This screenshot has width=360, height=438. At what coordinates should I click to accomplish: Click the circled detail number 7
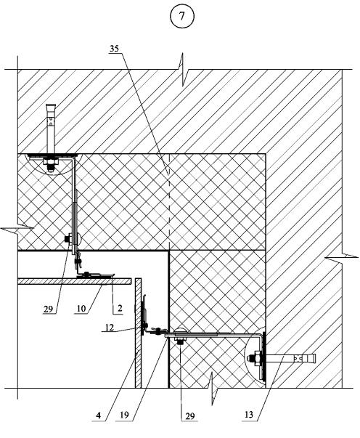pyautogui.click(x=182, y=16)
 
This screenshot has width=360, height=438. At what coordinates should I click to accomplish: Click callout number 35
pyautogui.click(x=114, y=49)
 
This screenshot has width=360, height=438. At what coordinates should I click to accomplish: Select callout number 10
pyautogui.click(x=81, y=309)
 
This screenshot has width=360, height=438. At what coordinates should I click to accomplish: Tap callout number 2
pyautogui.click(x=120, y=309)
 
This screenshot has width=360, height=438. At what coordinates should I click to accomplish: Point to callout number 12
pyautogui.click(x=110, y=327)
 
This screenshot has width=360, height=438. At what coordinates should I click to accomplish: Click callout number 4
pyautogui.click(x=98, y=415)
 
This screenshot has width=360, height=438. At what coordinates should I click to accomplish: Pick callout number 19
pyautogui.click(x=124, y=415)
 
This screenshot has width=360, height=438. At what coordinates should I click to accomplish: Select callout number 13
pyautogui.click(x=249, y=415)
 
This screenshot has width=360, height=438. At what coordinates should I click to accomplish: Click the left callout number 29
pyautogui.click(x=48, y=309)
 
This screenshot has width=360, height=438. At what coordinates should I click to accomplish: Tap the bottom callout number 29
pyautogui.click(x=189, y=416)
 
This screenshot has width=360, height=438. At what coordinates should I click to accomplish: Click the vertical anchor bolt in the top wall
pyautogui.click(x=51, y=129)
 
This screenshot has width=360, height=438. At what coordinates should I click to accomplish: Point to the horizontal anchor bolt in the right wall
pyautogui.click(x=290, y=358)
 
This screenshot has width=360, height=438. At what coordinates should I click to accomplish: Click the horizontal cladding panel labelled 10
pyautogui.click(x=75, y=281)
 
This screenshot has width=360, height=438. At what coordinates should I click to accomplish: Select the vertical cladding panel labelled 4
pyautogui.click(x=138, y=333)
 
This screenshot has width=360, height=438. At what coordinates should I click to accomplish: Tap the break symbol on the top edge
pyautogui.click(x=183, y=70)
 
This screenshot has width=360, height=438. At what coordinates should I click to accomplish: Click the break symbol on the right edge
pyautogui.click(x=342, y=256)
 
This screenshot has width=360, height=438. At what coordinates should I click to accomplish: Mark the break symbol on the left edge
pyautogui.click(x=17, y=229)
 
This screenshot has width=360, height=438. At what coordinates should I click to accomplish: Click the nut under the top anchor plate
pyautogui.click(x=50, y=162)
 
